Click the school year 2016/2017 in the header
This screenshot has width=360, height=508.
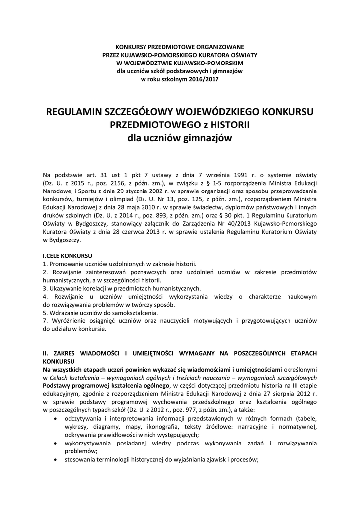(x=202, y=79)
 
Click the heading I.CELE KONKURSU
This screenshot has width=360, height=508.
(x=68, y=255)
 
